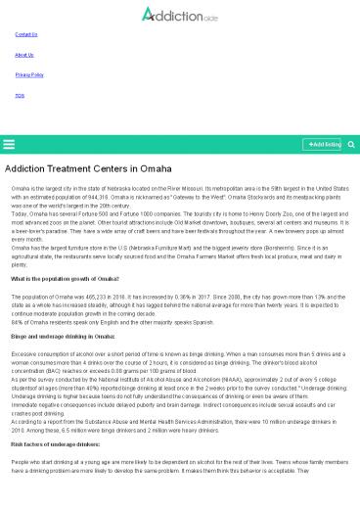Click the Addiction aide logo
coord(179,14)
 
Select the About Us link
coord(24,55)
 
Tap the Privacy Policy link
coord(29,74)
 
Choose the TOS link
coord(20,95)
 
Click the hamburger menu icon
coord(10,145)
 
